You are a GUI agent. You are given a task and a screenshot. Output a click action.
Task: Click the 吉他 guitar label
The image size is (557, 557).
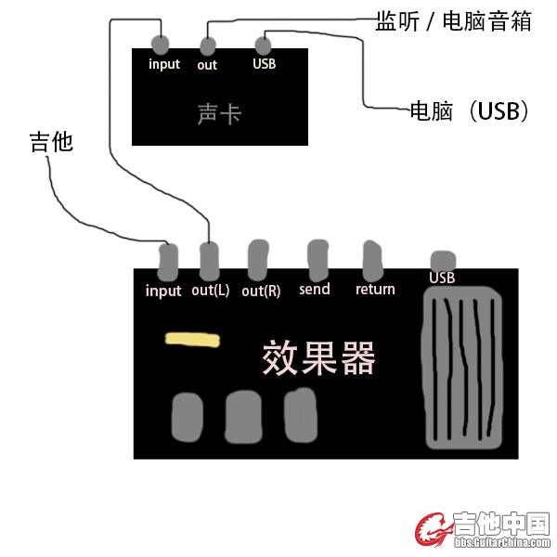pos(50,143)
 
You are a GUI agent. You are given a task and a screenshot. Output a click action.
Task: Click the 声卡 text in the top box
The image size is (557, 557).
pos(219,114)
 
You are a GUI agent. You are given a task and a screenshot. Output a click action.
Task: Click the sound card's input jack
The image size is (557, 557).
pos(161,44)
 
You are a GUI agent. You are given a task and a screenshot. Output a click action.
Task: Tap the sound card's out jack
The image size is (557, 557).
pos(208,45)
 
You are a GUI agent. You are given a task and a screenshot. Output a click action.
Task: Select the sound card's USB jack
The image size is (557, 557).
pos(264,44)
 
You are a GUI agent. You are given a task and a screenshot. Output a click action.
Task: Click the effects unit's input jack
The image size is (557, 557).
pos(168,262)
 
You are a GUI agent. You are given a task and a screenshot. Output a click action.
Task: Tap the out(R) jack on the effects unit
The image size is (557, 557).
pos(258,260)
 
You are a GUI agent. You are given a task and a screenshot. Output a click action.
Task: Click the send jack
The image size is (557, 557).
pos(318,260)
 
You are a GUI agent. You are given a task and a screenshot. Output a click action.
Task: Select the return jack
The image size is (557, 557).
pos(373,261)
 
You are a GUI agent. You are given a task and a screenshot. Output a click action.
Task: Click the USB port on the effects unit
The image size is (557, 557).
pos(443,261)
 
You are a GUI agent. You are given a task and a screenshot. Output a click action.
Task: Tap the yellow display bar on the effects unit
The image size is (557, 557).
pos(193,340)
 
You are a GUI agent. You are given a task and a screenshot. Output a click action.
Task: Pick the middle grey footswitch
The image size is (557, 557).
pos(244,416)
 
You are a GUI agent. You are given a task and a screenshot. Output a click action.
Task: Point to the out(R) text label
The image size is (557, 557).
pos(261,291)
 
